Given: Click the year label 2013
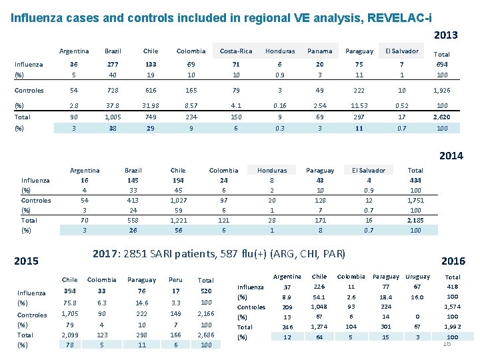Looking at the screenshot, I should tap(445, 35).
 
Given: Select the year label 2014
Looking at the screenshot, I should tap(451, 156).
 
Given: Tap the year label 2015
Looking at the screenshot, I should tap(27, 261).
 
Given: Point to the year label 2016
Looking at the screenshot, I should tap(453, 261).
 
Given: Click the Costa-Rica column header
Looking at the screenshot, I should tap(236, 51).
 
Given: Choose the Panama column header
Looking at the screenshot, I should tap(319, 51).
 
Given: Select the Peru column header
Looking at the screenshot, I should tap(176, 280).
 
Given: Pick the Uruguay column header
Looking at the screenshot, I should tap(418, 277).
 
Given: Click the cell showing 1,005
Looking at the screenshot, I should tap(113, 117).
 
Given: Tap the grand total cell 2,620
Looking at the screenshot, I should tap(441, 117).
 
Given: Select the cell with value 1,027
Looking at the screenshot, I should tap(179, 201).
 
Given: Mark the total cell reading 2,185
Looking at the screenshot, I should tap(415, 220).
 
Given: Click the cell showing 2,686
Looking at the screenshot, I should tap(206, 335).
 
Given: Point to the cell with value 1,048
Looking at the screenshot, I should tap(319, 307).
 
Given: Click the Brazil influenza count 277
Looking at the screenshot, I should tap(113, 65).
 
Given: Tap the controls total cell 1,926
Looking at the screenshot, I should tap(441, 91).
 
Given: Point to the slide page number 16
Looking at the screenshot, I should tap(447, 343).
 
